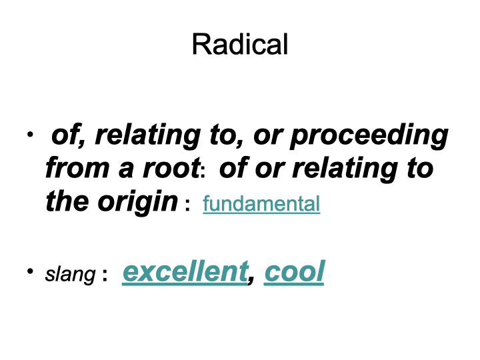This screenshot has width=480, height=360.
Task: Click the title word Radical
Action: click(240, 45)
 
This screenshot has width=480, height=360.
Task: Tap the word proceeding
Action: click(369, 136)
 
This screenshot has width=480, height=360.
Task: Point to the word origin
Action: click(137, 203)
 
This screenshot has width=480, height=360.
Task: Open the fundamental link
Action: click(261, 204)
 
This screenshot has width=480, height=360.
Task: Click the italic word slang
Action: click(70, 275)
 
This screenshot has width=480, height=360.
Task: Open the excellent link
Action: click(185, 271)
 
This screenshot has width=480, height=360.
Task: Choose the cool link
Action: click(294, 271)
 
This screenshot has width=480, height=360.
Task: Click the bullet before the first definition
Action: click(30, 134)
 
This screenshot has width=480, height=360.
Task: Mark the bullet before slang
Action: click(30, 271)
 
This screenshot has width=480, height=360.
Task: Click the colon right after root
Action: click(203, 172)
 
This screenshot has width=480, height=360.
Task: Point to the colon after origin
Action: click(187, 205)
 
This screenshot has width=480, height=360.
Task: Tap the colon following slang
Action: click(105, 274)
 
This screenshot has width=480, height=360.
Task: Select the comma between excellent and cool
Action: click(251, 279)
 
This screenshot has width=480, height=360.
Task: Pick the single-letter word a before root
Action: click(126, 171)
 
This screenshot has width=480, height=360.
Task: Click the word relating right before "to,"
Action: click(148, 136)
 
